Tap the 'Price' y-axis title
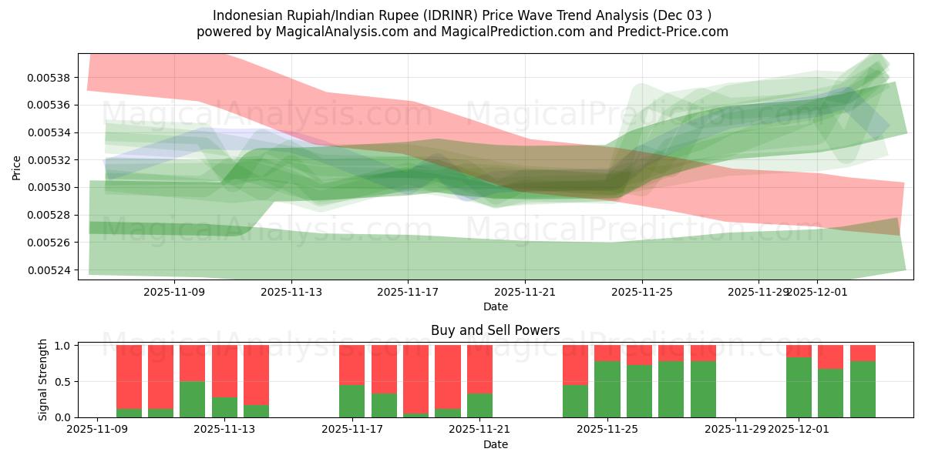[17, 166]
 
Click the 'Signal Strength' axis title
[43, 380]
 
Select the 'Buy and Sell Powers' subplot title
[495, 330]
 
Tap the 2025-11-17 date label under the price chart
[409, 292]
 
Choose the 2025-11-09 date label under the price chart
[175, 292]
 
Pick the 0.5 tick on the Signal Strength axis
[63, 381]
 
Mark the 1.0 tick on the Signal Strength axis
[63, 346]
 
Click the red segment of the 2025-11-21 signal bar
[479, 369]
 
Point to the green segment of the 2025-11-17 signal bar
[351, 401]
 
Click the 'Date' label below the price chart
[495, 306]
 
